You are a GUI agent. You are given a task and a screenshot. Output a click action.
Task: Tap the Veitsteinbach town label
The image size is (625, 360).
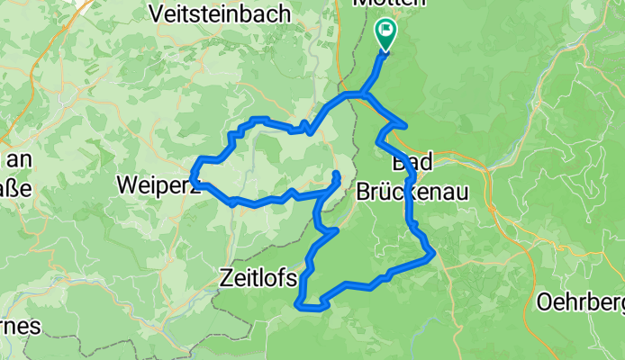pos(222,13)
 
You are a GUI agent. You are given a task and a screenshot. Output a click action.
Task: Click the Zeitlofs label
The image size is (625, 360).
pos(258,279)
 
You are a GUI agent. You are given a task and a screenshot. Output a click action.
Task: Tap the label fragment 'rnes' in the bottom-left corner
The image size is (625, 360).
pos(18,325)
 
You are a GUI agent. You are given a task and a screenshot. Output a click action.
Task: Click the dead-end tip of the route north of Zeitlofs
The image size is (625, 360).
pos(336,173)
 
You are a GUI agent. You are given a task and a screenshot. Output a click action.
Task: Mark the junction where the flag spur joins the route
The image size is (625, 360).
pos(363,93)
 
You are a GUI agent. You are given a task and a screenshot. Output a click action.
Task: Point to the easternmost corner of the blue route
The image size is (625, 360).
pos(434,254)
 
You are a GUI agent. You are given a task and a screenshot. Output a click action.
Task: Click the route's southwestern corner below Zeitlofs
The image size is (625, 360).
pos(299,305)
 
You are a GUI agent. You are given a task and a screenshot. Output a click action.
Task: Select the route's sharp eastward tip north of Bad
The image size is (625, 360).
pos(406,125)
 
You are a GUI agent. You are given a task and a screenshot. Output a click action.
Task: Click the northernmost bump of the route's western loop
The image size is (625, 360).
pos(259,119)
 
